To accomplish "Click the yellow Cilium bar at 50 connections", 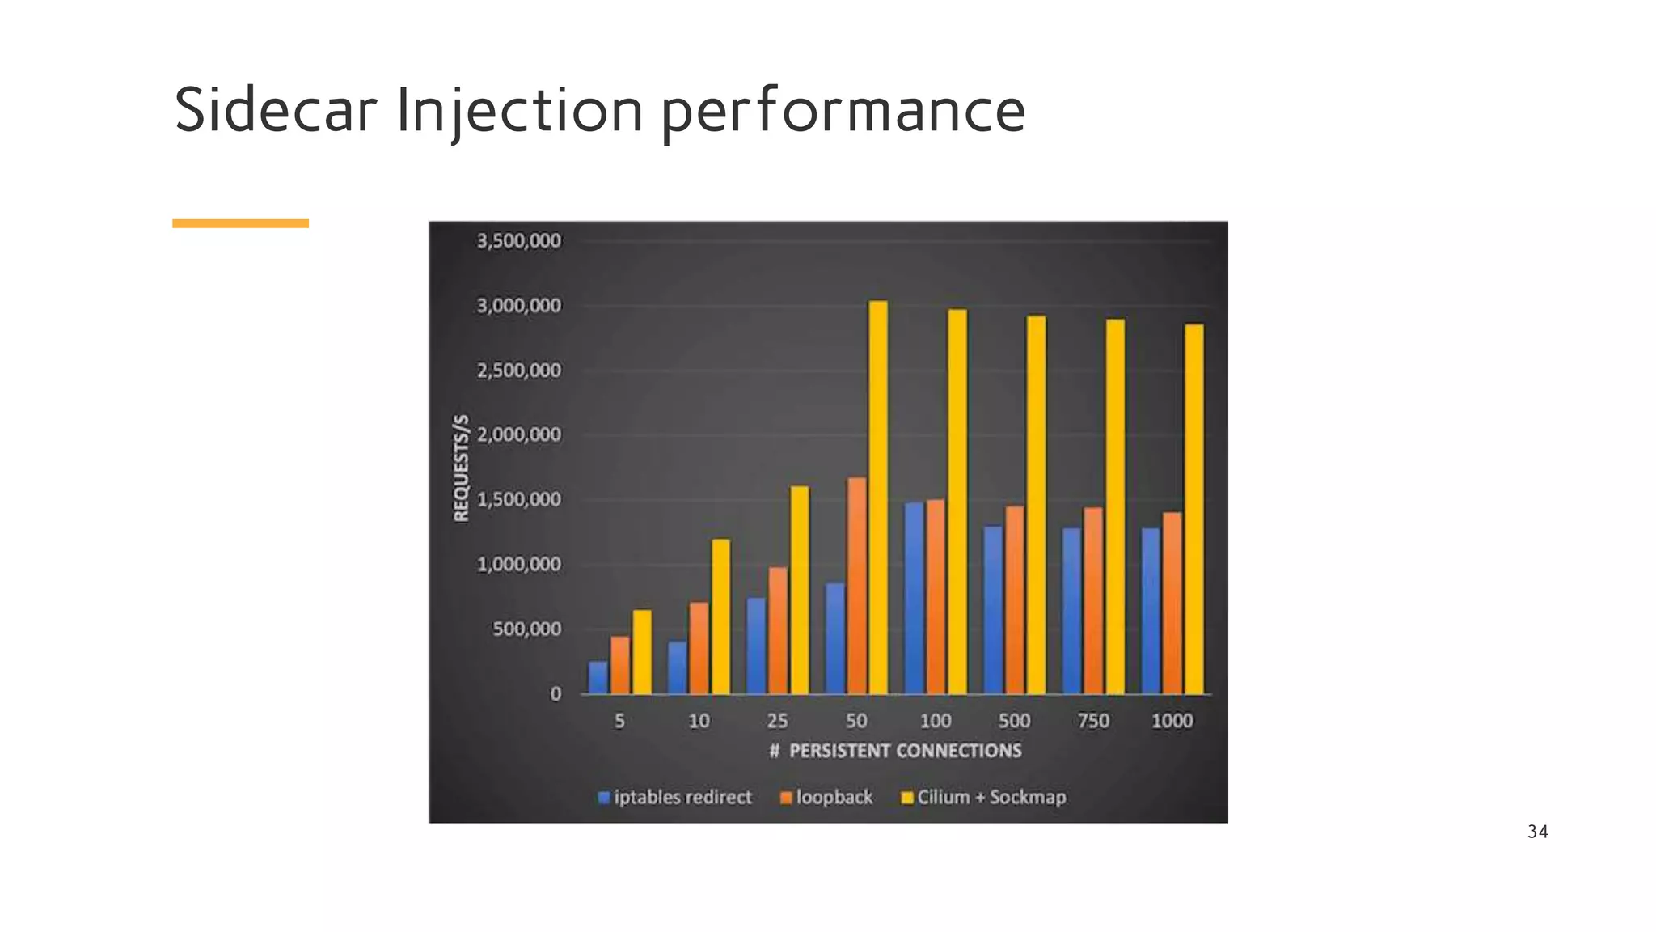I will (x=877, y=498).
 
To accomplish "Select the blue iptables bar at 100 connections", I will (x=914, y=599).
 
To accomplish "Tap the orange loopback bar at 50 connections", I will (x=856, y=586).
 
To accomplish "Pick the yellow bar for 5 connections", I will (x=641, y=652).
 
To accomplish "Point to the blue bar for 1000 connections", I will (x=1151, y=612).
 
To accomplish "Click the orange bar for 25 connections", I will (x=777, y=631).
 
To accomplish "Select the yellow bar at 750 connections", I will (x=1115, y=506).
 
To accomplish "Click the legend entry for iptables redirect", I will (x=675, y=798).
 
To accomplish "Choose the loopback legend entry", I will (x=826, y=798).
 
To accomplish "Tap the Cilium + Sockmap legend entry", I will (x=983, y=798).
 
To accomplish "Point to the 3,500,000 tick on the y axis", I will (x=518, y=241).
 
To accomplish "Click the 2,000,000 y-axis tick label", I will (x=518, y=435).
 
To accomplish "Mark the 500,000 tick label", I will (x=526, y=629).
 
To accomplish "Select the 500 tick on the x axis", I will (x=1014, y=721).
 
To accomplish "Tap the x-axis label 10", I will (x=699, y=721).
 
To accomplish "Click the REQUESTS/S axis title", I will (x=461, y=468).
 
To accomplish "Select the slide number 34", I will (x=1537, y=832).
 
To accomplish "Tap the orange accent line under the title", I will (x=240, y=223).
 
